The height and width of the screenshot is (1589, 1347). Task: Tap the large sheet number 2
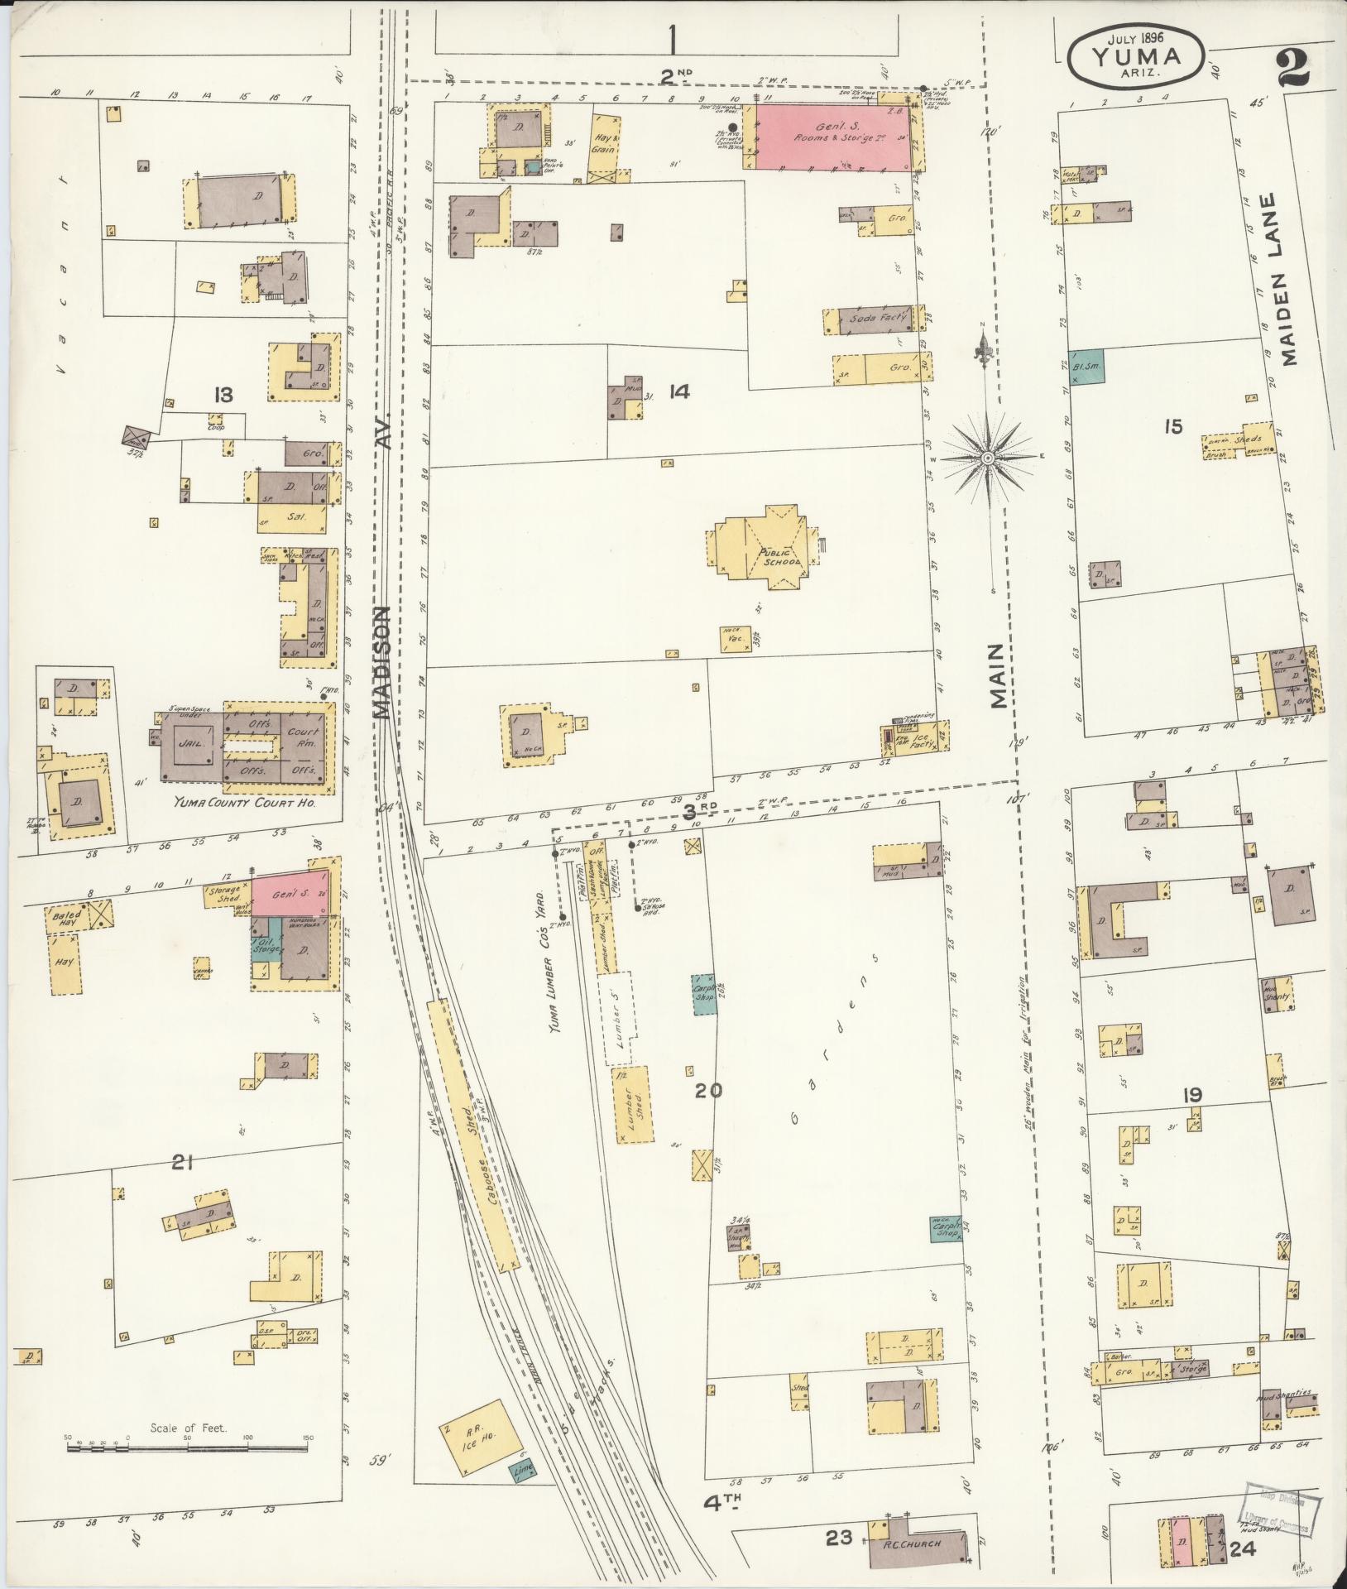point(1292,65)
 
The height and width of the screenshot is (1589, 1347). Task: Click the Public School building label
point(778,557)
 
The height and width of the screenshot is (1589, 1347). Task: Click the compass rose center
point(988,458)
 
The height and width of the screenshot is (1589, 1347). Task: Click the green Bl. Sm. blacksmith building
point(1085,365)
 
